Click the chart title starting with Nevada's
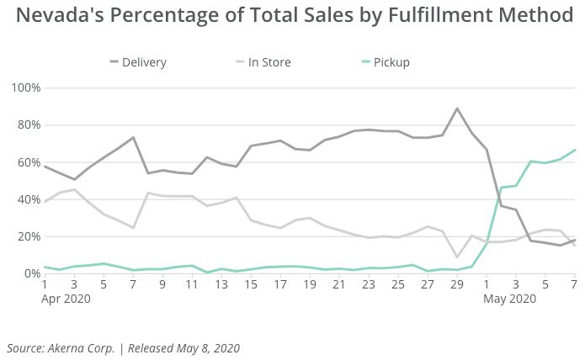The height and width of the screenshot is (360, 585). click(x=292, y=16)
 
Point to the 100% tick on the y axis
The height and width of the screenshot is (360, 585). click(x=24, y=87)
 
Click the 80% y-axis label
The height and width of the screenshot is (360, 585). click(x=27, y=125)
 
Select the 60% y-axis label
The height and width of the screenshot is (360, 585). click(x=27, y=162)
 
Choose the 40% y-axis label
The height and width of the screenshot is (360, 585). click(x=27, y=199)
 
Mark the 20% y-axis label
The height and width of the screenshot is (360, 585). click(x=27, y=236)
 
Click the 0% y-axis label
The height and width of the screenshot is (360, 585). click(x=30, y=273)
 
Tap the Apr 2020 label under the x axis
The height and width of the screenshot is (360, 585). click(x=64, y=299)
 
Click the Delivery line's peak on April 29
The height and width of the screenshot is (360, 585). click(x=457, y=109)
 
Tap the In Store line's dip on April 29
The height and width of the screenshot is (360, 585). click(x=457, y=257)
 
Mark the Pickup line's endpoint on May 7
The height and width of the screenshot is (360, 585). click(x=575, y=150)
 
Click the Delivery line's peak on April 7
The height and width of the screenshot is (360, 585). click(x=133, y=137)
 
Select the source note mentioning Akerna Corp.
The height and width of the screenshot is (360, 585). click(x=123, y=347)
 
